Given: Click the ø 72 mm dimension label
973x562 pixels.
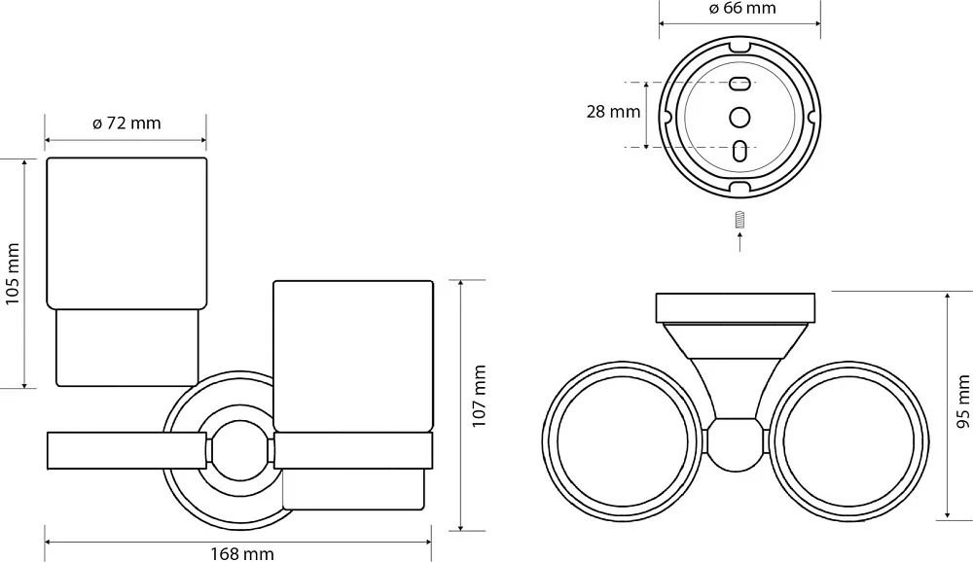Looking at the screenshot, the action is (126, 123).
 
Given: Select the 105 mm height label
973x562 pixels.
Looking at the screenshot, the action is (13, 273).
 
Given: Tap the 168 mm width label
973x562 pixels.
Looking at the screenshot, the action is (241, 553).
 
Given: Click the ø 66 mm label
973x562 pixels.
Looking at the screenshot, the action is (741, 8).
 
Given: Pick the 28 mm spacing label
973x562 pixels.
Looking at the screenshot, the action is (613, 112).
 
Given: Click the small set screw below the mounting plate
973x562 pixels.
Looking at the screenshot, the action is (739, 220).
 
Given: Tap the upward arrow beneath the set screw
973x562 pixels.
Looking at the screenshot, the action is (739, 241).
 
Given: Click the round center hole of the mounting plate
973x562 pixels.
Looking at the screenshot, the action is (739, 117).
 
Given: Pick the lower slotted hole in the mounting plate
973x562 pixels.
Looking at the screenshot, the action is (739, 151).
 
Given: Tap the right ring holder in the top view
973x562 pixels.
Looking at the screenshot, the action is (928, 440).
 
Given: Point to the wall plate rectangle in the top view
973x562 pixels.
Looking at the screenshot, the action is (736, 308).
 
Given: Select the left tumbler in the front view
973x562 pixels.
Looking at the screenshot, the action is (126, 271).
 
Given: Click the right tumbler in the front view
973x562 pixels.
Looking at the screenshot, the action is (353, 395).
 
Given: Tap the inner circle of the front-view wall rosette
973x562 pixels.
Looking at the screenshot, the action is (240, 451).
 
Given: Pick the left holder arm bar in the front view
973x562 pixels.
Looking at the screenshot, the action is (126, 451).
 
